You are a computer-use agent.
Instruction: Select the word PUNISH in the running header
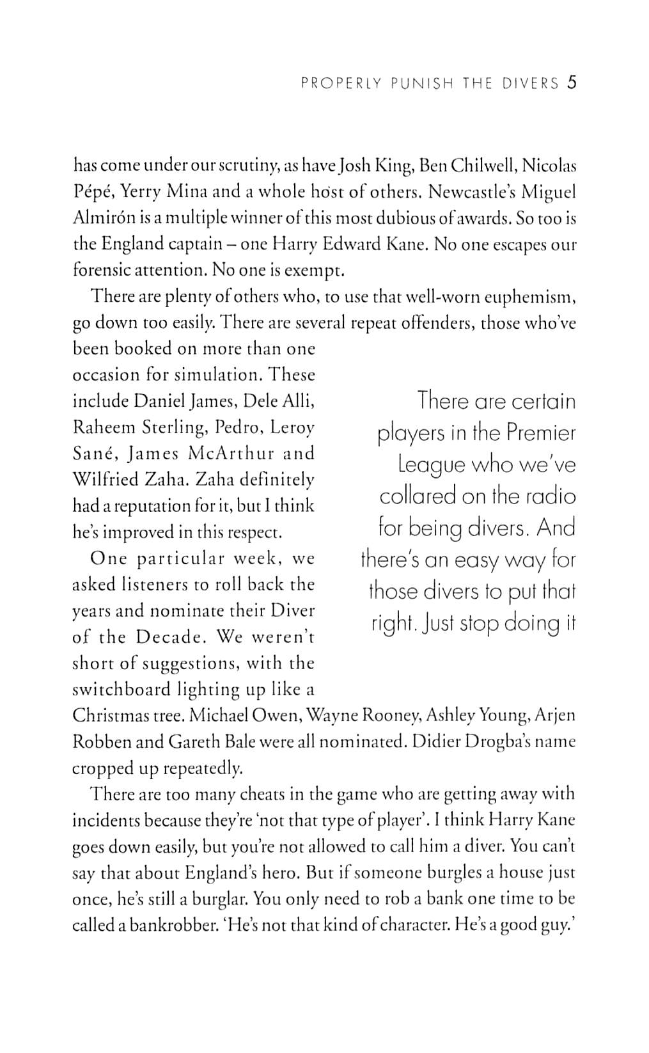click(419, 84)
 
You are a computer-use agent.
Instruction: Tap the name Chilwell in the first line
click(483, 166)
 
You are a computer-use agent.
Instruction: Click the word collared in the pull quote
click(418, 496)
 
